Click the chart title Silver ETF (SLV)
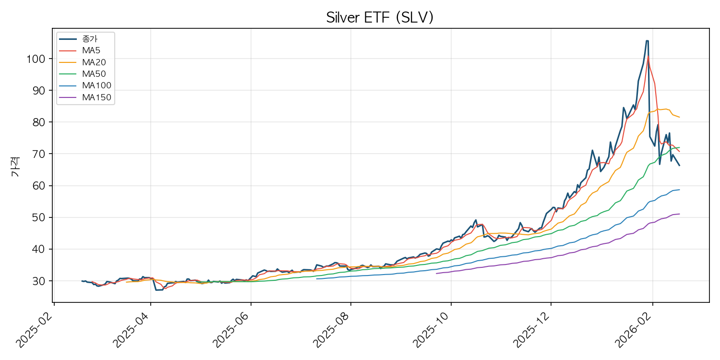pos(380,18)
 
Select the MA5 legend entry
pos(91,50)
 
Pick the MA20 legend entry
pos(94,62)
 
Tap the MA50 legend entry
pos(94,74)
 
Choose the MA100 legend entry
pos(96,85)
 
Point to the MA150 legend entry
pos(96,97)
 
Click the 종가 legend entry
pos(90,39)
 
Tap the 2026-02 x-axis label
pos(634,331)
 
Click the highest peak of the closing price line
pos(647,41)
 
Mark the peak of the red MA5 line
pos(648,56)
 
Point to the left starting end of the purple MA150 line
pos(436,274)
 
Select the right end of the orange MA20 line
pos(679,117)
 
